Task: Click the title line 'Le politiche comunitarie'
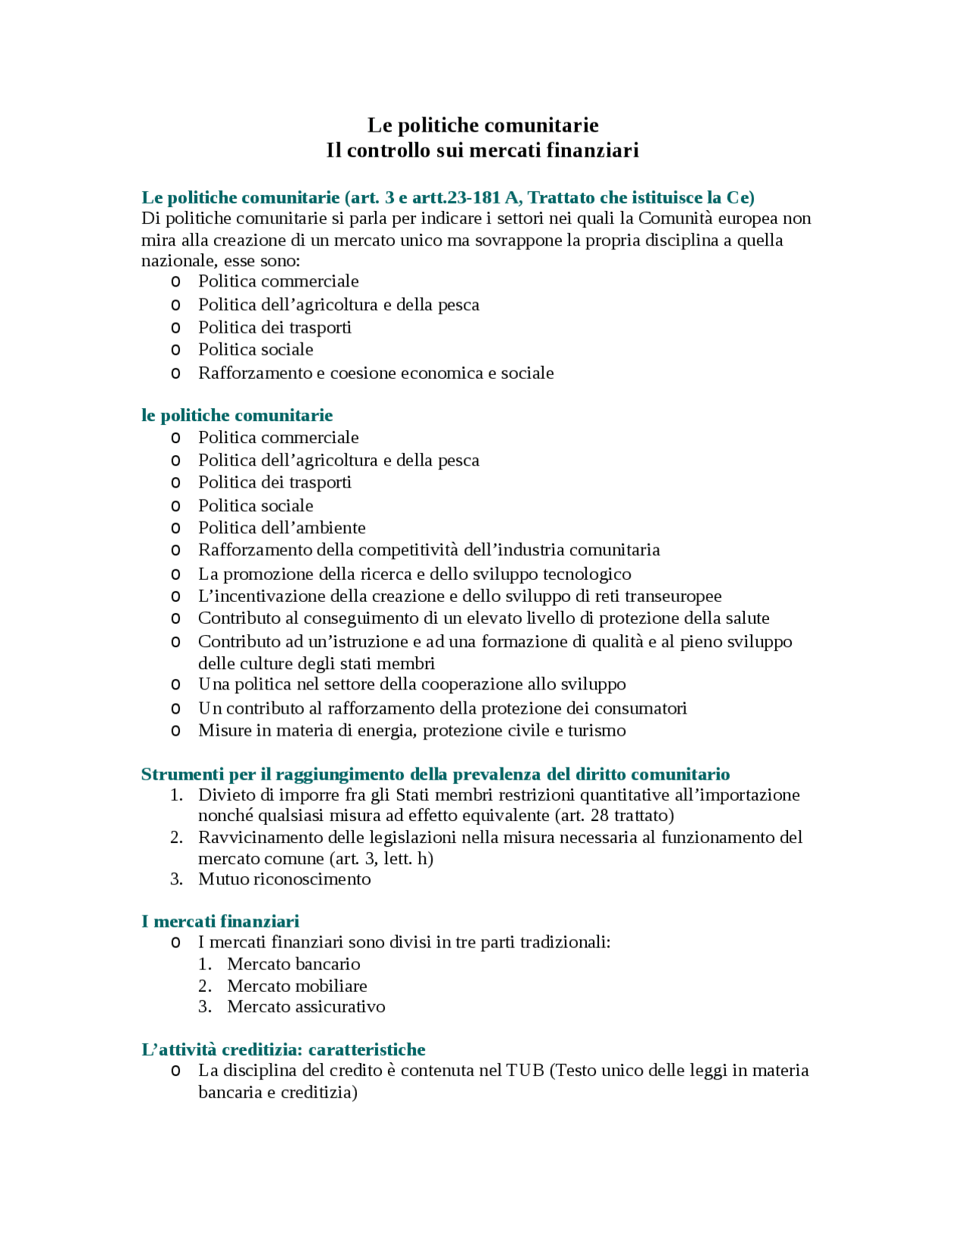click(482, 126)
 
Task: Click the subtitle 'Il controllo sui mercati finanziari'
click(482, 150)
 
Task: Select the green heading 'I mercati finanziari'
click(220, 921)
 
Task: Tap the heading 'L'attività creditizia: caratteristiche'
click(283, 1049)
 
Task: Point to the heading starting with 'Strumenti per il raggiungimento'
click(435, 774)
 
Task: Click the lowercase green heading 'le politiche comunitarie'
click(237, 415)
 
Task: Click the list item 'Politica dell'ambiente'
click(281, 528)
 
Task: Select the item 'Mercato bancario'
click(293, 964)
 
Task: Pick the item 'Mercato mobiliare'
click(297, 986)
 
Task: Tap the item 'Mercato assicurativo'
click(306, 1007)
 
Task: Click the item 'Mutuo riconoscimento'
click(284, 879)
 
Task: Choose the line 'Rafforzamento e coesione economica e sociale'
click(376, 373)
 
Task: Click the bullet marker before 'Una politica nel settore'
click(175, 685)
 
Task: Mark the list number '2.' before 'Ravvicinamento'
click(176, 838)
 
